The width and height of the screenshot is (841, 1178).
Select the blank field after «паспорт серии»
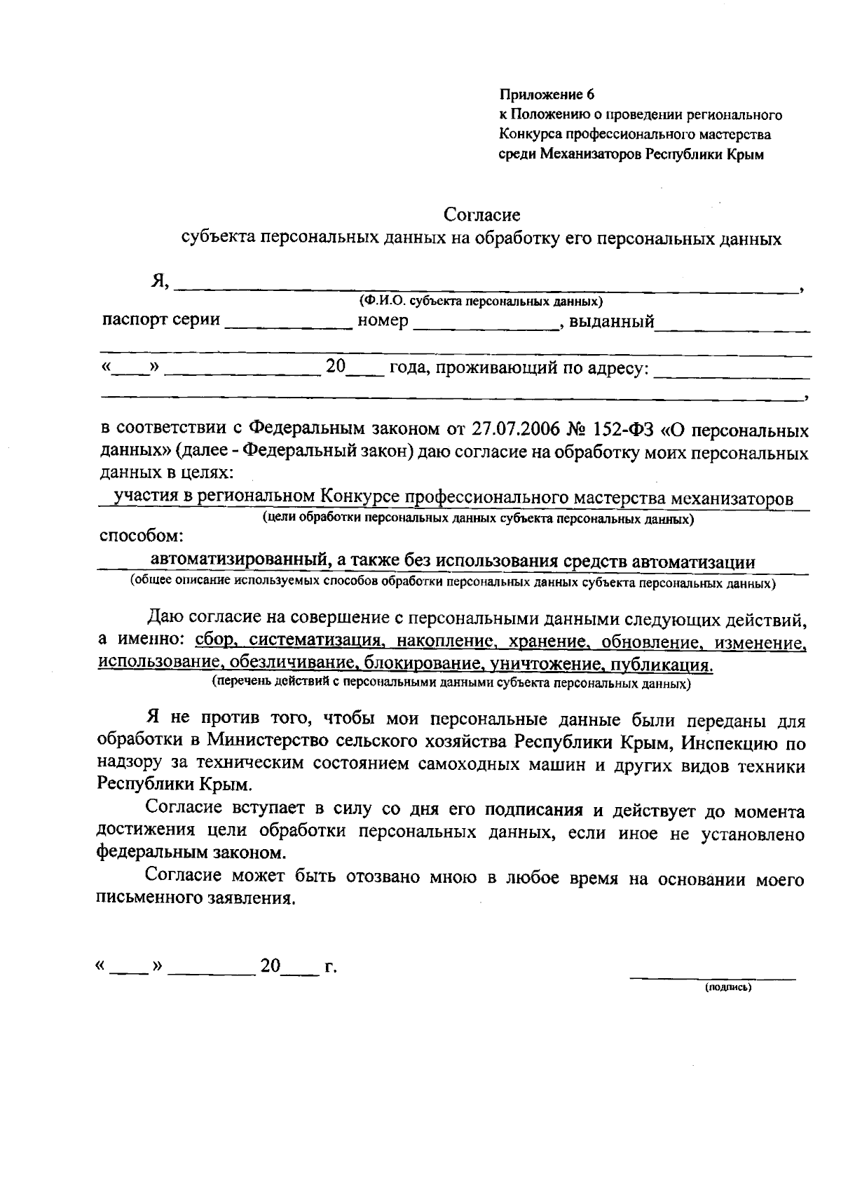tap(289, 323)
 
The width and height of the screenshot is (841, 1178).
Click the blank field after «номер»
tap(485, 323)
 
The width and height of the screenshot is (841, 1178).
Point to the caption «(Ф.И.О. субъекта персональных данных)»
tap(481, 302)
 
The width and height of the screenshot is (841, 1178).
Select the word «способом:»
tap(142, 537)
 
